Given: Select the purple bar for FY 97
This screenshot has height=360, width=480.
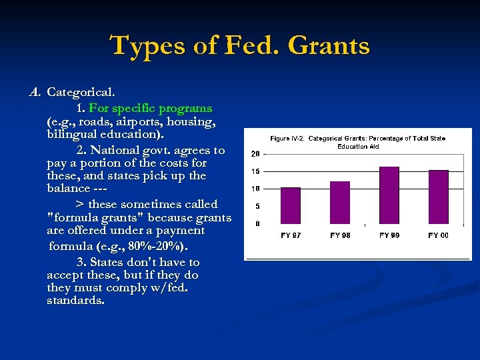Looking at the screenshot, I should pyautogui.click(x=291, y=205).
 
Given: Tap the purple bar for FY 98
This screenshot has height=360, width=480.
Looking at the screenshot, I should pyautogui.click(x=339, y=202).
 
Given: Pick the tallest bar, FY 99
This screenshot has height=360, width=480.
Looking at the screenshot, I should pyautogui.click(x=389, y=195).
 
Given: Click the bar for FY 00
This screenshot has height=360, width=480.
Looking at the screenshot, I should pyautogui.click(x=438, y=197).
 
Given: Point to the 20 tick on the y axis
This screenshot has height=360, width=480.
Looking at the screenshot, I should pyautogui.click(x=255, y=154).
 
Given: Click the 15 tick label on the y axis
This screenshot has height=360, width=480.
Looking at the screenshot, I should pyautogui.click(x=255, y=171).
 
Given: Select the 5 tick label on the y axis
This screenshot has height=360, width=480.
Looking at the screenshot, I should pyautogui.click(x=257, y=206).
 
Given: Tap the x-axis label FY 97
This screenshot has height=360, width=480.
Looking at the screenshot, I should pyautogui.click(x=291, y=235).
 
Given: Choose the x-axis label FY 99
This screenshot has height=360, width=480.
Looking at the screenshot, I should pyautogui.click(x=389, y=235).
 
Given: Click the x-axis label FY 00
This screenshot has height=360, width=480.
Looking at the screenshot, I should pyautogui.click(x=438, y=235).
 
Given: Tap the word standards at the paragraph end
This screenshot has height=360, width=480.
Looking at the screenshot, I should pyautogui.click(x=75, y=301).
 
